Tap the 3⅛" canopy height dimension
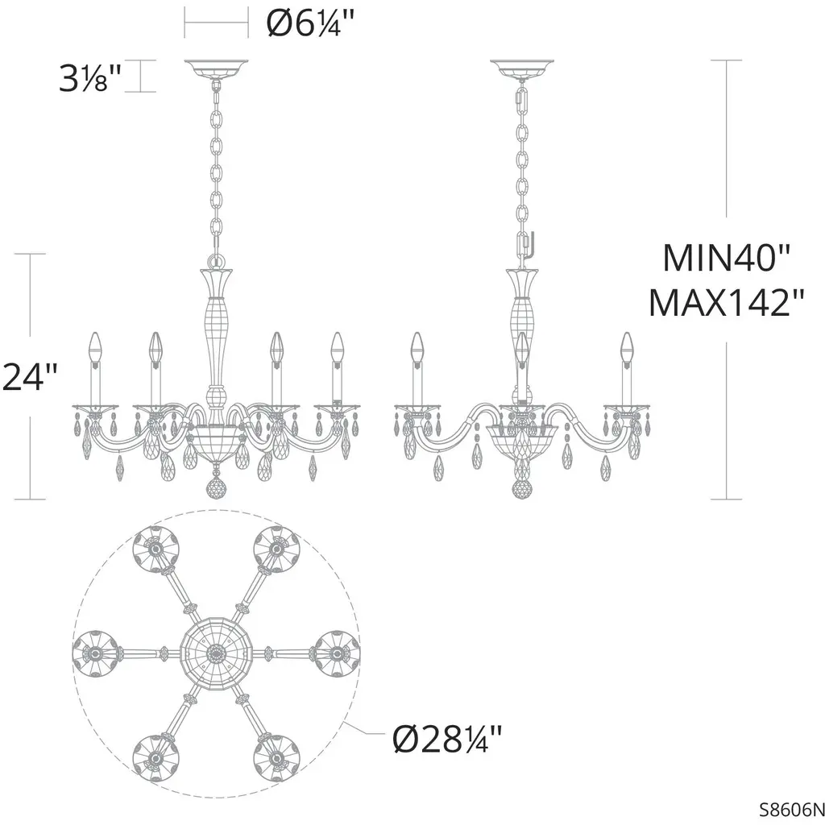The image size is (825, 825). (90, 78)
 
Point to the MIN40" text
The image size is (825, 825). (726, 258)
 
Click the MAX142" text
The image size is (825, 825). (726, 303)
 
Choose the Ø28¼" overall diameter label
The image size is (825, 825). (447, 739)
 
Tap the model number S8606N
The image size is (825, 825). (791, 808)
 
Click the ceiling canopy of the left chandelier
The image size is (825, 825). (216, 68)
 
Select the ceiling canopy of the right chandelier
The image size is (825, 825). (522, 68)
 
